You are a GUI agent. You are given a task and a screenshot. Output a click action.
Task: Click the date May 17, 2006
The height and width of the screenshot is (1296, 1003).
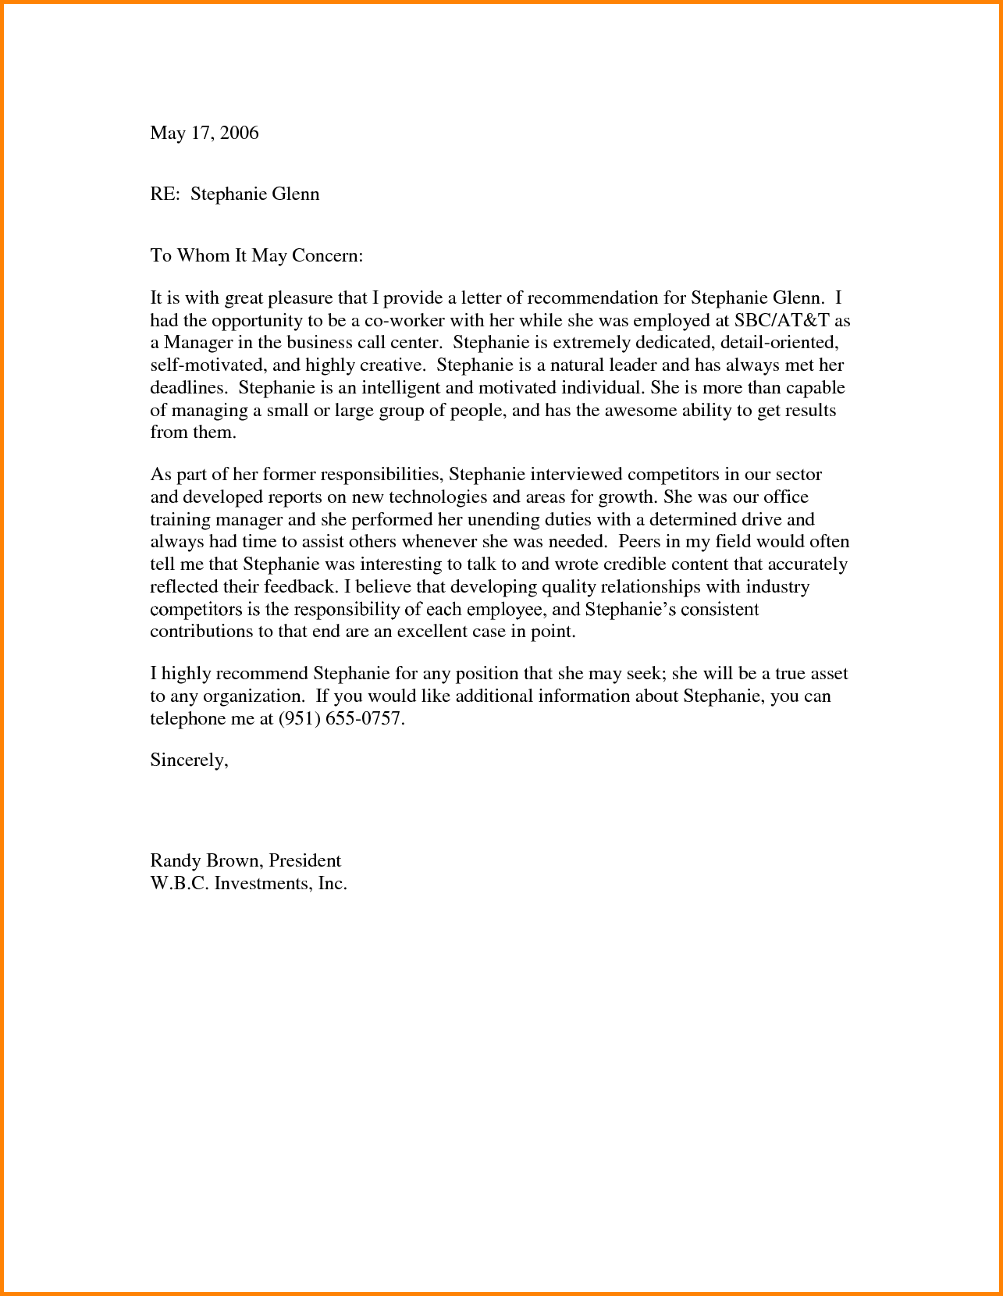[x=204, y=134]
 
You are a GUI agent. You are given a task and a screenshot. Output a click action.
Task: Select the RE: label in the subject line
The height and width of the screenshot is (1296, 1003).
[x=165, y=194]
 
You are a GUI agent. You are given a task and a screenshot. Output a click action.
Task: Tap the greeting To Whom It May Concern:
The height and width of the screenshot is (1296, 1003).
[x=257, y=256]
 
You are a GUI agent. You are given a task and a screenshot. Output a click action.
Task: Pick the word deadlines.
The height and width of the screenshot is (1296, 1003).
[x=189, y=388]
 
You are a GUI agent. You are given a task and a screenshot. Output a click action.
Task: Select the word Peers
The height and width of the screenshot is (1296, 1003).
[x=639, y=542]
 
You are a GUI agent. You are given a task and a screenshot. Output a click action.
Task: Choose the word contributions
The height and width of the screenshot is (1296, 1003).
[x=201, y=632]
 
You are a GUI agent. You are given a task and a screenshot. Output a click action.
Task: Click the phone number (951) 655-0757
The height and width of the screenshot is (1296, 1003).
[x=342, y=719]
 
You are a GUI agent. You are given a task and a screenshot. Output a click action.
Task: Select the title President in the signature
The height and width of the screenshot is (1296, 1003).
[x=305, y=861]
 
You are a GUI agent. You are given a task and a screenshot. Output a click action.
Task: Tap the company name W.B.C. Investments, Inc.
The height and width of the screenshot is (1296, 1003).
[x=248, y=884]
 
